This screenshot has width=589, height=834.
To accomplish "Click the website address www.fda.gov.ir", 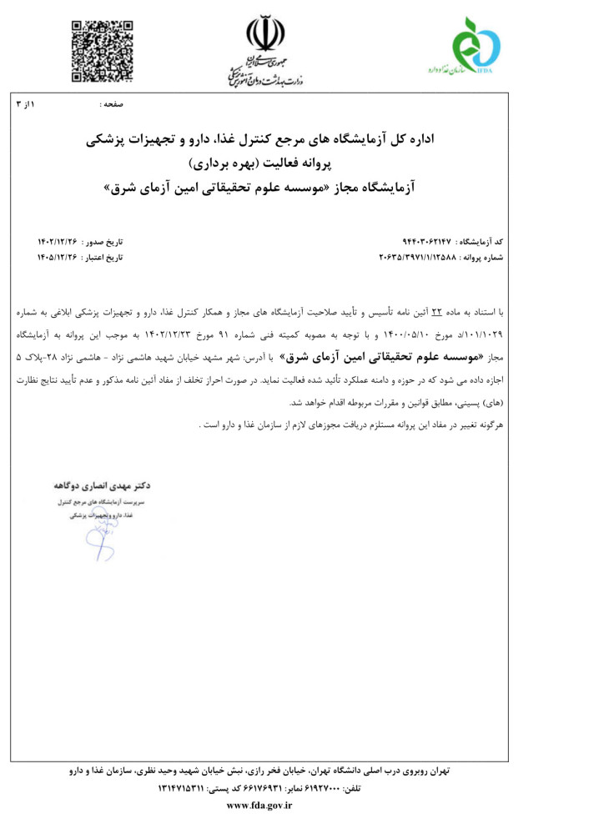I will (259, 805).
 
